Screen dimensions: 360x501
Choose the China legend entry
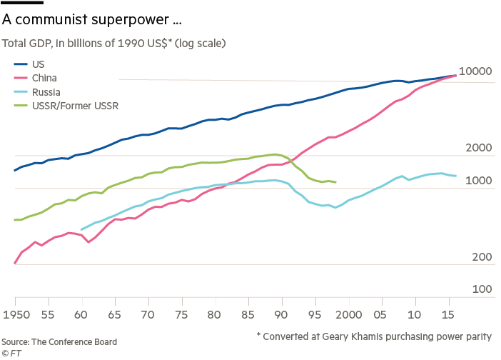[x=43, y=78]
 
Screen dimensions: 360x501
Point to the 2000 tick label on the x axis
[x=348, y=314]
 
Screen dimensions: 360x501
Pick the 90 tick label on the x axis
[x=281, y=314]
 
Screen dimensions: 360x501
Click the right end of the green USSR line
[x=335, y=182]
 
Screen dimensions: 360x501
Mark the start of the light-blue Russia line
[x=81, y=230]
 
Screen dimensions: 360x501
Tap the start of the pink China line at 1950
[x=15, y=264]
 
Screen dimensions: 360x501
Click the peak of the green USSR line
[x=275, y=154]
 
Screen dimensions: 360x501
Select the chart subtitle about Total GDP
[x=114, y=44]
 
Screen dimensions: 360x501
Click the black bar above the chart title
[x=23, y=3]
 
